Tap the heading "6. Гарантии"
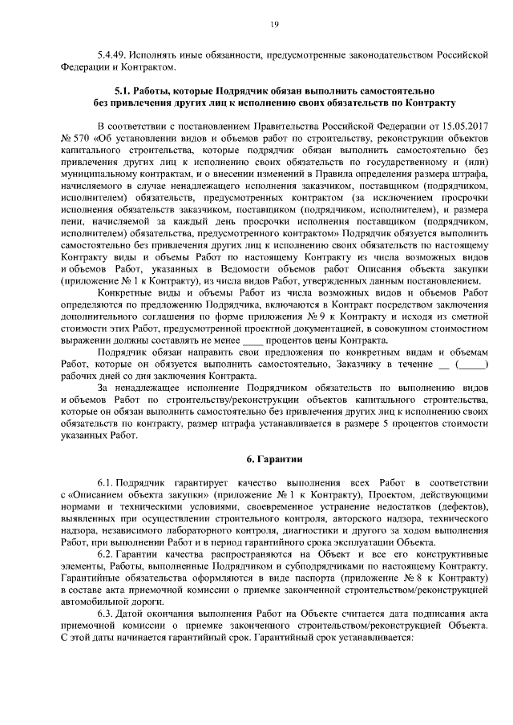pos(273,459)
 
